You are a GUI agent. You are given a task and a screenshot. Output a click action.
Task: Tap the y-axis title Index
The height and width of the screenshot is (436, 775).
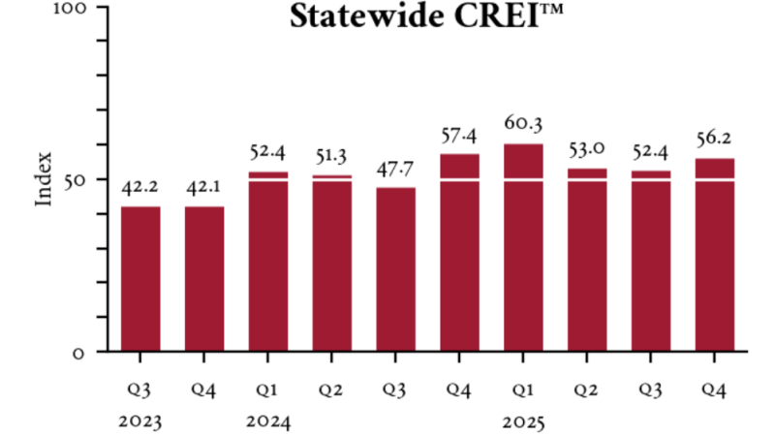coord(45,178)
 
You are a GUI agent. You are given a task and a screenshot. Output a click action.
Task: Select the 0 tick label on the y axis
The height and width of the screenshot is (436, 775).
coord(79,352)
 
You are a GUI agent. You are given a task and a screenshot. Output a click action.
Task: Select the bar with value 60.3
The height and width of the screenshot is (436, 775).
coord(523,247)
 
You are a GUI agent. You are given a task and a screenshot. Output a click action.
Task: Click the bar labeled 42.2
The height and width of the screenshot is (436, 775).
coord(140,278)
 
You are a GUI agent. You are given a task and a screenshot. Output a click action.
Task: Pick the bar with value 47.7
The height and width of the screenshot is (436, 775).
coord(395,268)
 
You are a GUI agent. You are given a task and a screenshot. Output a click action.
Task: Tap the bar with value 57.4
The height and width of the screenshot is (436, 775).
coord(459,252)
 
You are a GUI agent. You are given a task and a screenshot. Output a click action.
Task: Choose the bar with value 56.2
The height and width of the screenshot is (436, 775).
coord(714,254)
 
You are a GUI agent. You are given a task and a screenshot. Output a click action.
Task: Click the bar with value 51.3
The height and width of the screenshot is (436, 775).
coord(331,263)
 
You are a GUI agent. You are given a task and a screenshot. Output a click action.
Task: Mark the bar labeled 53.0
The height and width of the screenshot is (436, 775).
coord(587,260)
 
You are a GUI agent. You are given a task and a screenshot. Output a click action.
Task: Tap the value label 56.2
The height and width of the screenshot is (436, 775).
coord(714,138)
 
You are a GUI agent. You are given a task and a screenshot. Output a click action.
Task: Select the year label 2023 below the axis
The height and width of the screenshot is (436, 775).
coord(140,421)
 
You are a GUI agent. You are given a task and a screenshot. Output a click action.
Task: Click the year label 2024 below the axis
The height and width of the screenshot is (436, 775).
coord(268,421)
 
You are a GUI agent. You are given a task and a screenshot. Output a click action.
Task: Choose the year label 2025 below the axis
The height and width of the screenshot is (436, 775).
coord(523,421)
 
